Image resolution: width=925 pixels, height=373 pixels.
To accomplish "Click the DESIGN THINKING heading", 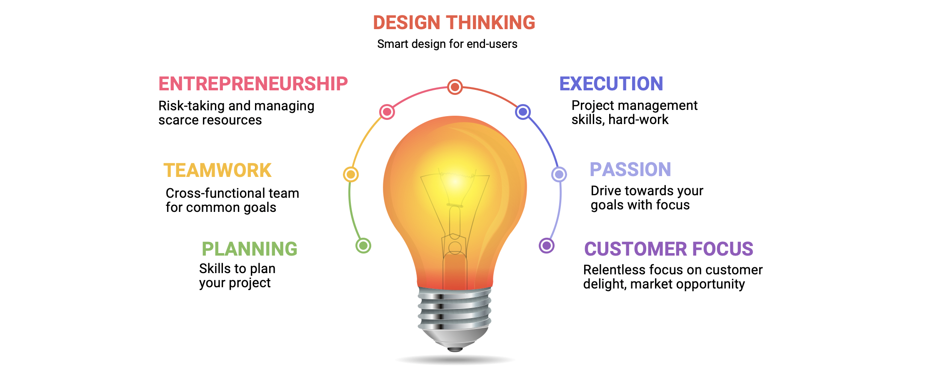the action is [x=454, y=22].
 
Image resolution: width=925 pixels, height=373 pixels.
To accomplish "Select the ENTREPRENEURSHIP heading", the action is [x=253, y=84].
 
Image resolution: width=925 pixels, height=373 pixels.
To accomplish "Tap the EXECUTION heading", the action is [x=611, y=84].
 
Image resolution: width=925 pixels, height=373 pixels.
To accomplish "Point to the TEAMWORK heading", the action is [x=217, y=171].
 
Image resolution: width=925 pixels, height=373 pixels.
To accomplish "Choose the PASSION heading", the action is [x=630, y=169].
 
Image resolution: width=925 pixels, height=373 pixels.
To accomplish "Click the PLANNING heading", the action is [x=249, y=249].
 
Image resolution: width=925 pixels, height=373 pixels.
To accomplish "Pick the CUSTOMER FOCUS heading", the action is [x=668, y=249].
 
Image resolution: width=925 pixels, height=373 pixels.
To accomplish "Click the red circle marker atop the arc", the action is [x=455, y=87].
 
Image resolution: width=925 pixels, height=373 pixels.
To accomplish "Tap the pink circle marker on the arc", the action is [x=387, y=112].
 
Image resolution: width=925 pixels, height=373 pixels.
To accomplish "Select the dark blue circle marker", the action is [x=523, y=112].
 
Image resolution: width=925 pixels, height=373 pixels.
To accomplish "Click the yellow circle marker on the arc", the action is [x=351, y=174].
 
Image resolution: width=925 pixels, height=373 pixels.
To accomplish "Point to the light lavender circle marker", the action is [x=559, y=174].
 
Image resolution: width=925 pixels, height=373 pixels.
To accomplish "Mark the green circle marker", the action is [x=363, y=246].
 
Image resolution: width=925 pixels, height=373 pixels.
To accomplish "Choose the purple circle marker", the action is [x=547, y=246].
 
